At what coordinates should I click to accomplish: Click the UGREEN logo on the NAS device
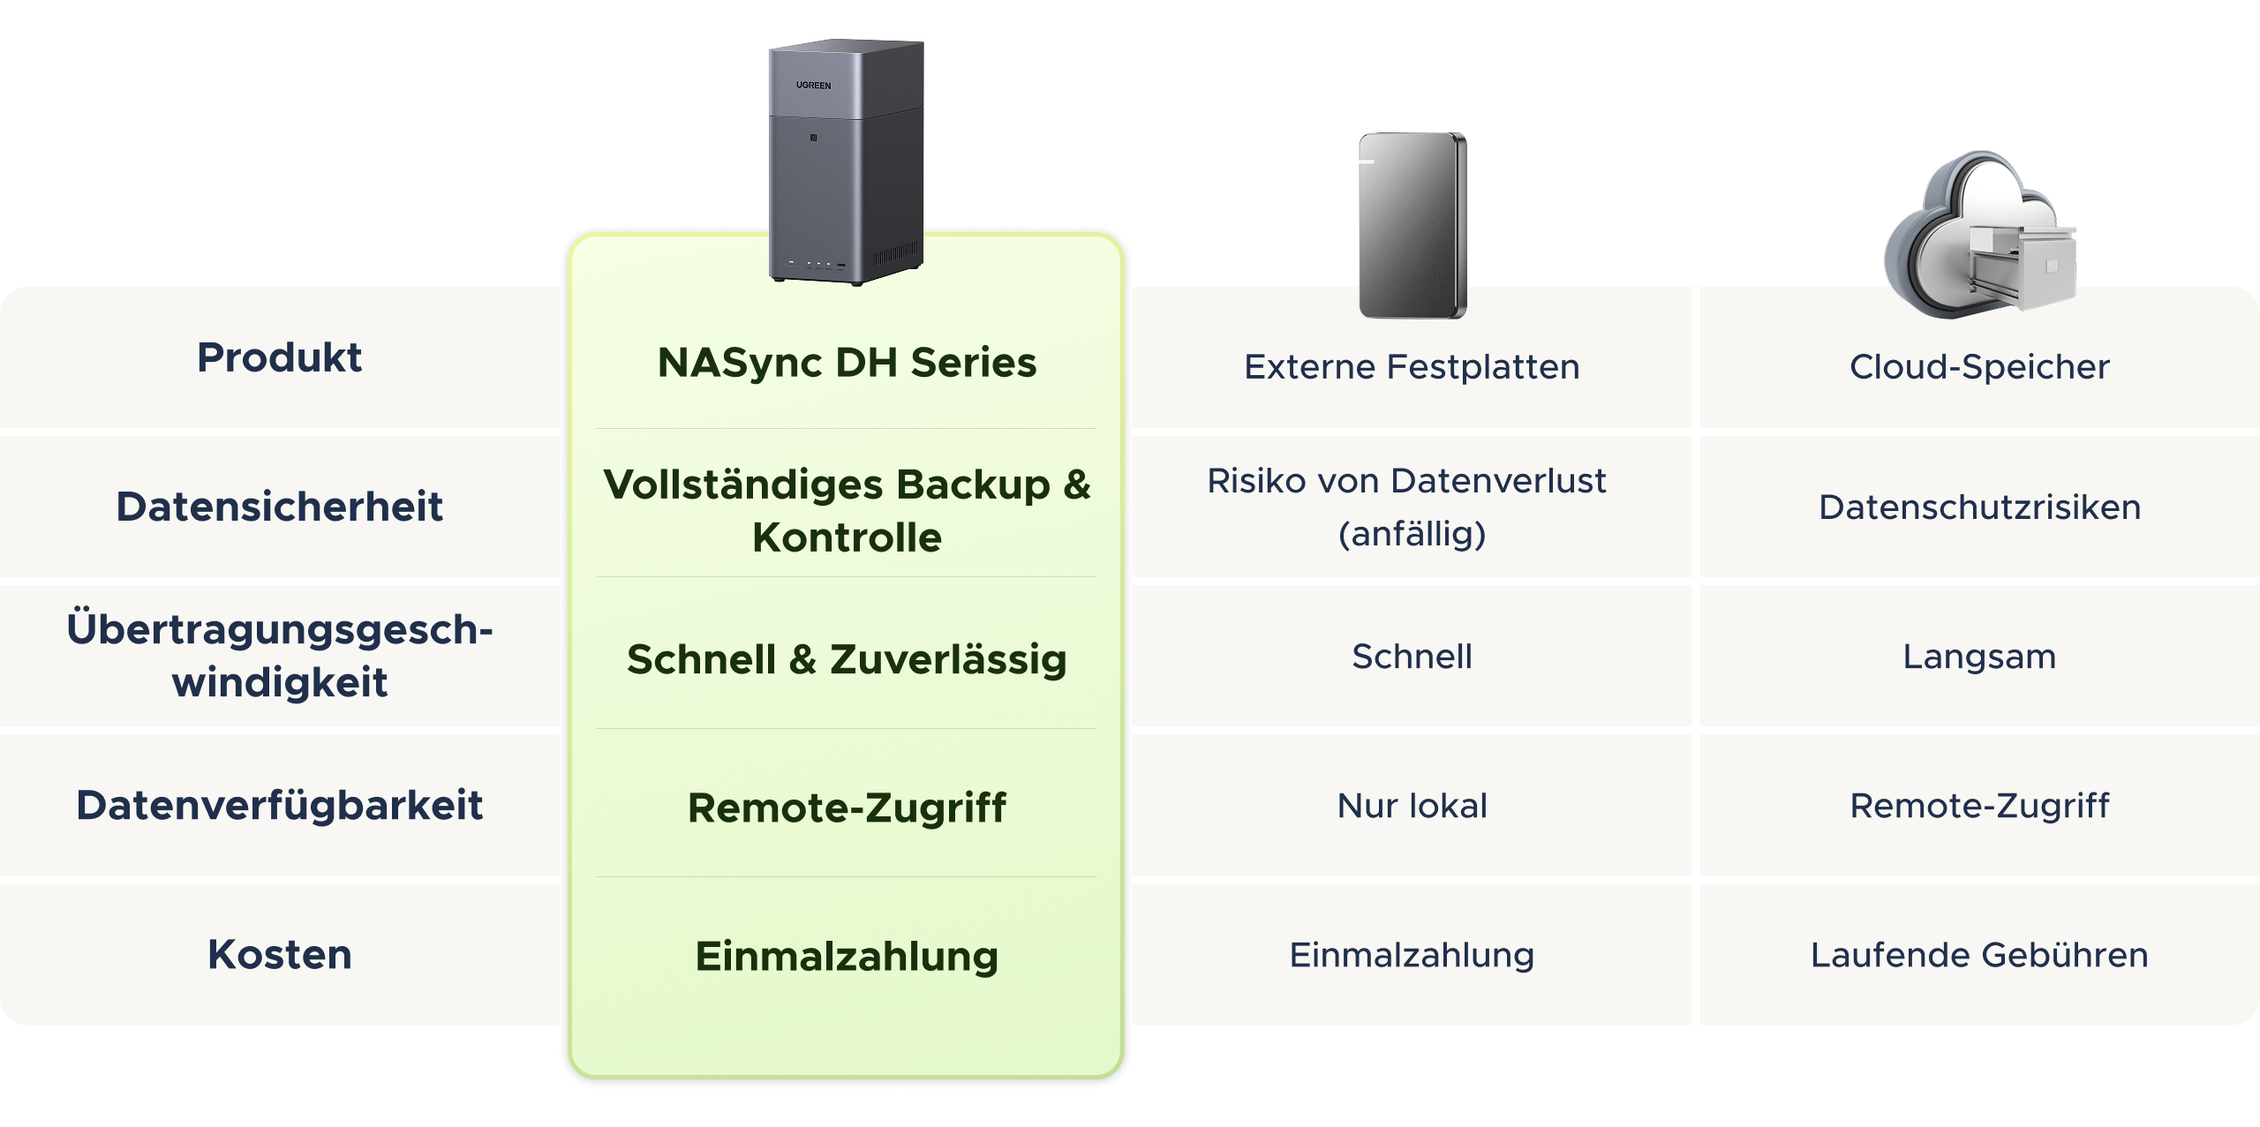[813, 86]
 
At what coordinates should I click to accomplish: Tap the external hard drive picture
[1412, 225]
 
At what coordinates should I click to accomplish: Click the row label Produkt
[279, 357]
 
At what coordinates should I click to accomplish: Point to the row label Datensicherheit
[279, 507]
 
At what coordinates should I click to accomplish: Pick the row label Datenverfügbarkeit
[279, 805]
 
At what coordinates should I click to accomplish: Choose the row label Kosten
[279, 954]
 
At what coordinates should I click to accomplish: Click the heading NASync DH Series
[847, 363]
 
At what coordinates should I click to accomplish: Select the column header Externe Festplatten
[1412, 367]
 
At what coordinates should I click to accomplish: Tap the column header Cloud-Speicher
[1979, 367]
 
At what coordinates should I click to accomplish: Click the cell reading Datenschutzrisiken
[1979, 507]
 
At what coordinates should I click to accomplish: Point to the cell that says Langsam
[1979, 657]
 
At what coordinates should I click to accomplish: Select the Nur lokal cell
[1412, 806]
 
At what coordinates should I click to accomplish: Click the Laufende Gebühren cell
[1979, 955]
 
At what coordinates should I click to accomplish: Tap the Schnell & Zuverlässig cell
[847, 659]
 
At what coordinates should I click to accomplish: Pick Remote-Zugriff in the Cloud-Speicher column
[1979, 806]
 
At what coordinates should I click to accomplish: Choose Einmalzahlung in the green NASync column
[847, 957]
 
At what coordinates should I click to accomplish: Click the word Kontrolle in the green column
[847, 537]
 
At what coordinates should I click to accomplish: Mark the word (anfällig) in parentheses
[1412, 534]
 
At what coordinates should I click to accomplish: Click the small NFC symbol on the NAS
[813, 138]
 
